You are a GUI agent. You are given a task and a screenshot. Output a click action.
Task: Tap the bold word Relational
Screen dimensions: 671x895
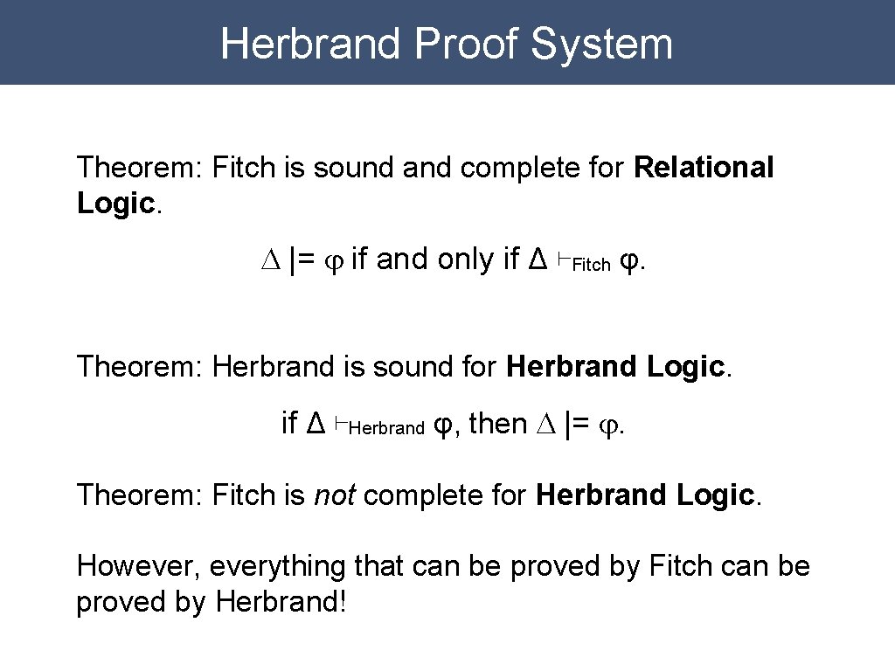tap(704, 167)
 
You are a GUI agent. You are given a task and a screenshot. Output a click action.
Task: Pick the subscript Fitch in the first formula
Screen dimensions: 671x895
tap(592, 266)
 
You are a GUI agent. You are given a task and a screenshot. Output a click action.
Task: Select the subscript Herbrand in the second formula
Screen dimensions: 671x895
tap(386, 429)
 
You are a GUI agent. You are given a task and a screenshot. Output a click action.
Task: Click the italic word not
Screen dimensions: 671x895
tap(334, 495)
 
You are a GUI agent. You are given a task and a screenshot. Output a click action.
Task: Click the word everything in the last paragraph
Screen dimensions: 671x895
tap(279, 566)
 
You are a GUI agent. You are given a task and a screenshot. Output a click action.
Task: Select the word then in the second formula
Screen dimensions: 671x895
tap(497, 424)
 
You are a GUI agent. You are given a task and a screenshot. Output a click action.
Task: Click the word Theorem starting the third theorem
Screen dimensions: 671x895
tap(140, 495)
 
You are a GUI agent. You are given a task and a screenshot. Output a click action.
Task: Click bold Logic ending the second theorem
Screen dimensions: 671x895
tap(686, 367)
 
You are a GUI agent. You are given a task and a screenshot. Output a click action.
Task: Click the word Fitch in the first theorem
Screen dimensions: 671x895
tap(244, 167)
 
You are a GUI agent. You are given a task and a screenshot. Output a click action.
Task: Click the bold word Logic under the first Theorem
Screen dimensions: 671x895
tap(115, 204)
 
